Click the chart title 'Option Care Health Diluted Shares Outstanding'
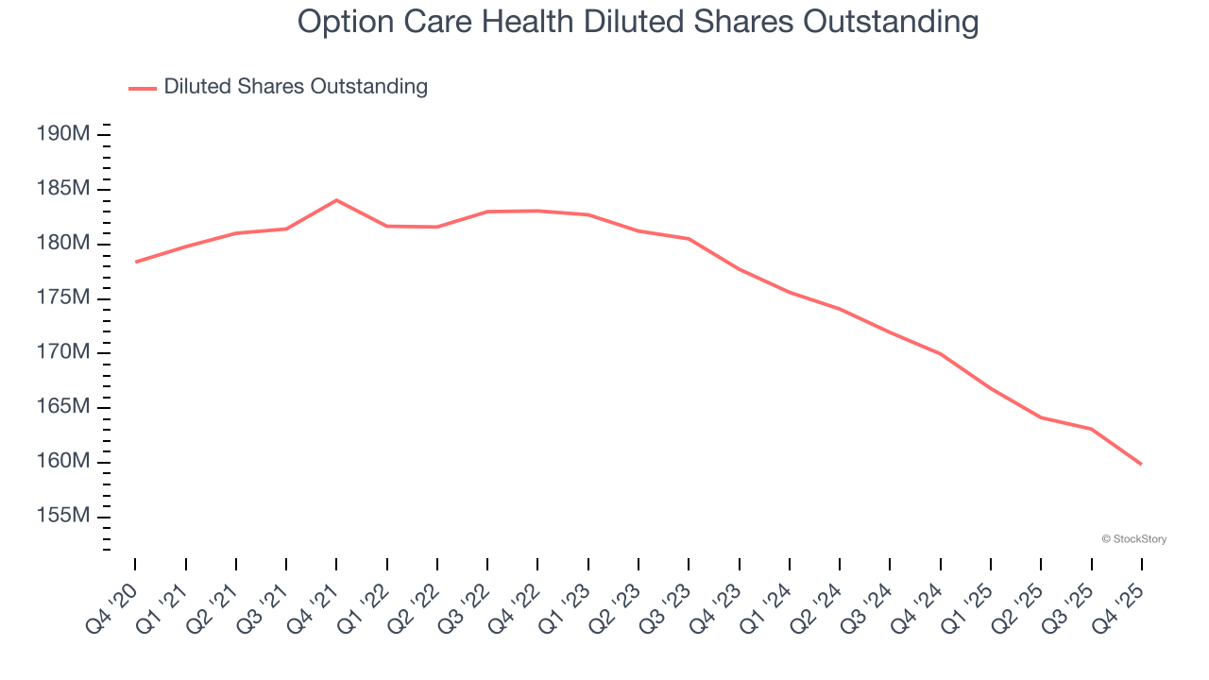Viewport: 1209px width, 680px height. point(638,21)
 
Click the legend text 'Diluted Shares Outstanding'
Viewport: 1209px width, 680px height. point(296,87)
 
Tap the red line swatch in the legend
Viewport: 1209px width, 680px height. point(143,88)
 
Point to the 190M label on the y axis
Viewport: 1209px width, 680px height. point(63,134)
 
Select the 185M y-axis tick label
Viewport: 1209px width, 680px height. point(63,189)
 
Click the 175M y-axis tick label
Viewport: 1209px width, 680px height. point(63,298)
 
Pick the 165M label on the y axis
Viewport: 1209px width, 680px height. point(63,407)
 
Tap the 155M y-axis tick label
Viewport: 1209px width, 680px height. point(63,517)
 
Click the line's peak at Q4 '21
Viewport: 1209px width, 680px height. point(336,200)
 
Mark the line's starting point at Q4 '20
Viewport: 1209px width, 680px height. point(135,262)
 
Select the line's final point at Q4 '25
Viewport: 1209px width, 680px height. point(1142,464)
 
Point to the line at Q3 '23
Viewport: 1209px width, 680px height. point(689,239)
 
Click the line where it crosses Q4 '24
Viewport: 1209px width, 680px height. point(941,353)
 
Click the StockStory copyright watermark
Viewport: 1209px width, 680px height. point(1133,539)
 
